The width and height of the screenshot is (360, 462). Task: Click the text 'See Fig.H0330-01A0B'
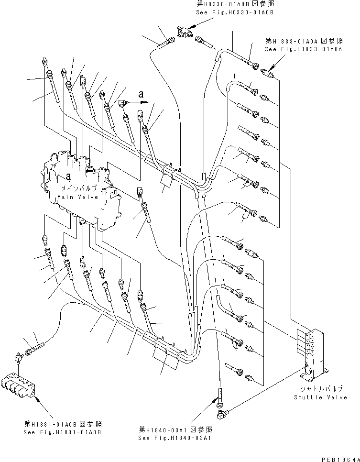click(x=235, y=12)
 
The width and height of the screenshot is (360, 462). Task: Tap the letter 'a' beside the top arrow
click(x=140, y=94)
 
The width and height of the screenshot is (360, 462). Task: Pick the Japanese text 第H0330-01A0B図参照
click(x=236, y=4)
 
